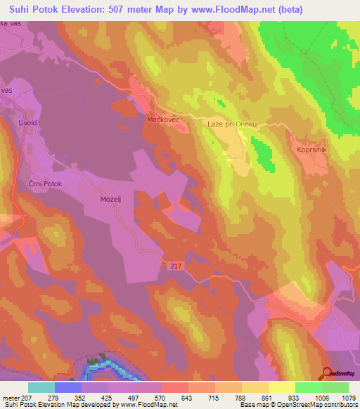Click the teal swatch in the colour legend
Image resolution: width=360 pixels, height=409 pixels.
(41, 387)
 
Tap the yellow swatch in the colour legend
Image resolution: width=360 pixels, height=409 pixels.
(281, 387)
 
